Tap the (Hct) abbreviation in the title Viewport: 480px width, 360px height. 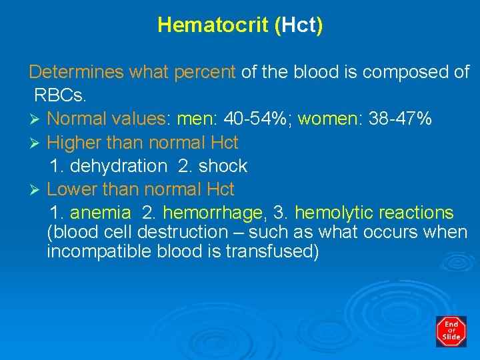click(x=298, y=25)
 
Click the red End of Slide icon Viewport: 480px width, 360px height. click(x=451, y=331)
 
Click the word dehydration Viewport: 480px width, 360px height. click(x=118, y=166)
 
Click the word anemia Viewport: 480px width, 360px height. click(x=101, y=213)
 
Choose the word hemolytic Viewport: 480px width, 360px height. click(x=334, y=213)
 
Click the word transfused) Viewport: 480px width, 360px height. click(x=273, y=252)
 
